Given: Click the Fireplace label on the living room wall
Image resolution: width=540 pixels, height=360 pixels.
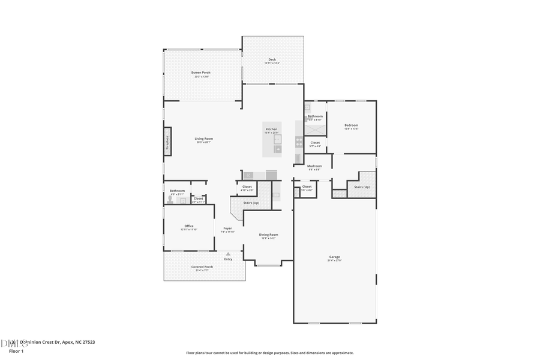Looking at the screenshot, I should tap(167, 142).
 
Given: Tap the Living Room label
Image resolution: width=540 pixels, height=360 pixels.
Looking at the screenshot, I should tap(203, 139).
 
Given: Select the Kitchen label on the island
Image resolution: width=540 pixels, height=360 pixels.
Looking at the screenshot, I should tap(271, 129).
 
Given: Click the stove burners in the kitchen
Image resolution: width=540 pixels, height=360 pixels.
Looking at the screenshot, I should tap(299, 142).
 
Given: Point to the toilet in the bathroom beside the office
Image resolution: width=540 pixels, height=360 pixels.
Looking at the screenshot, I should tap(170, 200).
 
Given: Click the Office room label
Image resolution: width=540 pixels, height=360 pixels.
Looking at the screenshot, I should tap(189, 226).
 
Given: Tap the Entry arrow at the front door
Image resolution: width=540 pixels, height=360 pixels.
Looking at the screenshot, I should tap(228, 254).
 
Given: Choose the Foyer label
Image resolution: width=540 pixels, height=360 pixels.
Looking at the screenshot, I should tap(227, 229).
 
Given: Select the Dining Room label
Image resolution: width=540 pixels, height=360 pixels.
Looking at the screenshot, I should tap(268, 235).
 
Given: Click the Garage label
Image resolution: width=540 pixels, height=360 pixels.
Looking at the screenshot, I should tap(334, 257).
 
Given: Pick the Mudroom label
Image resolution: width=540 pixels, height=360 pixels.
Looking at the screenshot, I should tap(314, 166).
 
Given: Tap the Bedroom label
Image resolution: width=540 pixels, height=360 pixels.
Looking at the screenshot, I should tap(351, 125).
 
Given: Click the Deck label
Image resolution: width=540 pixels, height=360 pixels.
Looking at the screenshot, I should tap(272, 59).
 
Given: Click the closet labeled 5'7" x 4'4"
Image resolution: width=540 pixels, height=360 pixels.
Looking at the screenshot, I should tap(315, 143).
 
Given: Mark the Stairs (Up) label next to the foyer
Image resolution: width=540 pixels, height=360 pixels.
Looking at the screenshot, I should tap(251, 203).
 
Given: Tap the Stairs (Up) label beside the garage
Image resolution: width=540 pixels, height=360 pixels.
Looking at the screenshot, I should tap(362, 187).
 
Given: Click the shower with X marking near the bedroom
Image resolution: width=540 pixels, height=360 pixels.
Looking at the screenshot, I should tap(315, 128).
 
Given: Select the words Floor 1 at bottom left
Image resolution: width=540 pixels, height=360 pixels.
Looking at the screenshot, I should tap(16, 351).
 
